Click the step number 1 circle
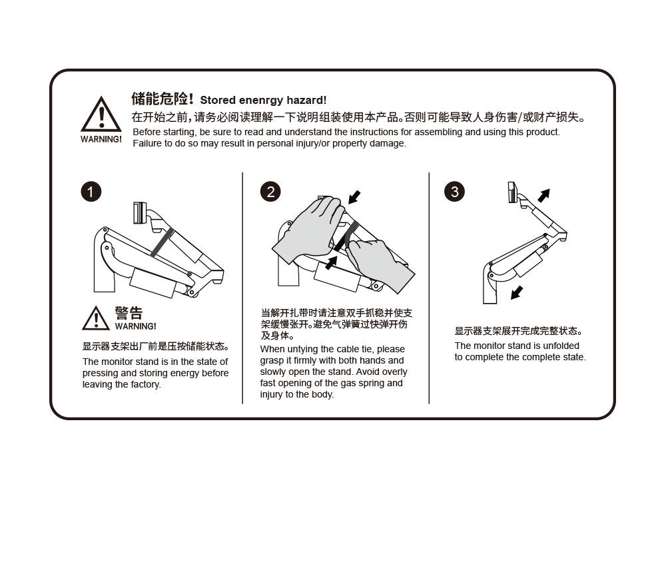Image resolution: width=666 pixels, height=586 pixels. point(91,192)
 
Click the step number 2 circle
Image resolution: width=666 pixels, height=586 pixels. point(270,192)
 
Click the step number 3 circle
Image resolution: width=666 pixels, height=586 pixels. point(454,192)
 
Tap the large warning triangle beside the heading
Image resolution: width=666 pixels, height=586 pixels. point(101,115)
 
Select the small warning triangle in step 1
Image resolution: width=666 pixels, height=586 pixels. point(96,319)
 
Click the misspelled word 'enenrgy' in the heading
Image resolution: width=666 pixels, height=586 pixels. point(261,101)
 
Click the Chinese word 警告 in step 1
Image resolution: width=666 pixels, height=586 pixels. point(129,314)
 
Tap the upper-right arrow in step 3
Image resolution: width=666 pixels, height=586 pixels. point(543,195)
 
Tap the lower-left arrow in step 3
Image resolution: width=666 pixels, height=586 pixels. point(517,292)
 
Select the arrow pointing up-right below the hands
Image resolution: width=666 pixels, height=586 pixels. point(330,263)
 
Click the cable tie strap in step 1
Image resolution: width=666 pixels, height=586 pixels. point(162,242)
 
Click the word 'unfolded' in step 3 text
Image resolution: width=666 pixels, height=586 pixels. point(561,346)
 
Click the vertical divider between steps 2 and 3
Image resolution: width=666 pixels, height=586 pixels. point(429,288)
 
